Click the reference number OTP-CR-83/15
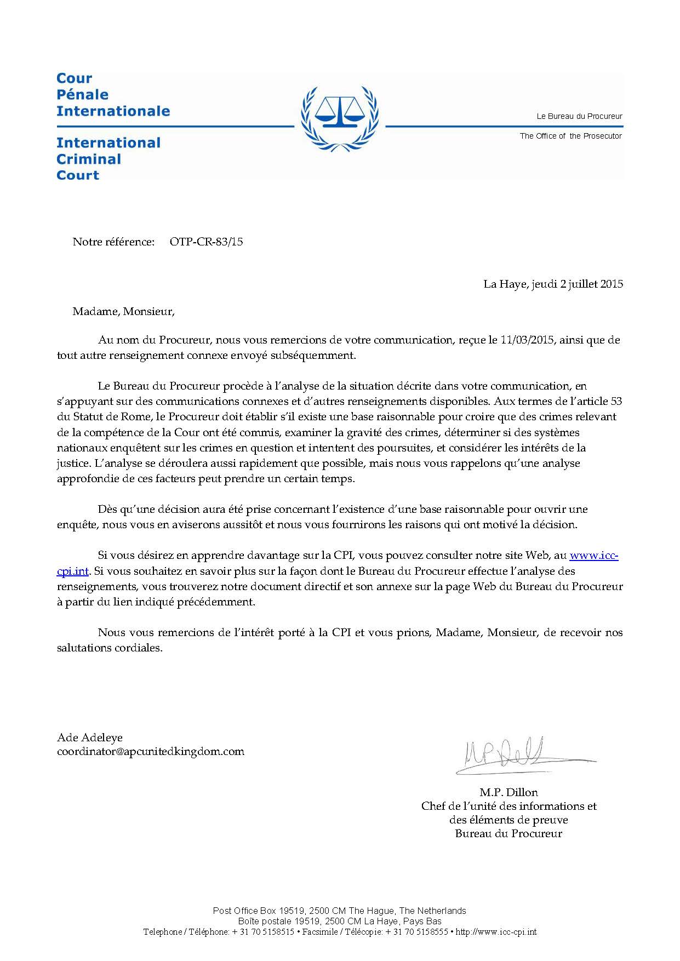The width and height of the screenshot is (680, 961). pos(206,242)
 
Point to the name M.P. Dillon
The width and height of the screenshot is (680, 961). pos(508,792)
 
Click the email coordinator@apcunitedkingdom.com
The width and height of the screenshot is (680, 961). pos(151,752)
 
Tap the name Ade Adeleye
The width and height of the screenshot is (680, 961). pos(90,737)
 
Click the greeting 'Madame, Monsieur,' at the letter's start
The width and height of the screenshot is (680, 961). pos(123,312)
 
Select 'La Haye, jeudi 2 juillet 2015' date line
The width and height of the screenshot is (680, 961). pos(553,284)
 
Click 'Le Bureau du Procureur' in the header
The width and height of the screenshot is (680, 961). pos(579,116)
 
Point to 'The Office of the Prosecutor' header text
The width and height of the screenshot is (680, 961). pos(570,136)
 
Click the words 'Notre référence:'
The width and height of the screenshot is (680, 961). pos(113,242)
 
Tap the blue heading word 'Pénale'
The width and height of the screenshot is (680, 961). pos(83,95)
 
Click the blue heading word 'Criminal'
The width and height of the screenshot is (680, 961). pos(89,159)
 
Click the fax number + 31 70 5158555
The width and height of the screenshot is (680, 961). pos(417,931)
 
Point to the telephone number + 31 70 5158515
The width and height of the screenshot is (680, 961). pos(263,931)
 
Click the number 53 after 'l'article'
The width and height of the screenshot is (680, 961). pos(615,402)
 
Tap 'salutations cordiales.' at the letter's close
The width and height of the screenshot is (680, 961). pos(110,648)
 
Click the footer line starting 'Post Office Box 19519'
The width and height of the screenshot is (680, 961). pos(339,911)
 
